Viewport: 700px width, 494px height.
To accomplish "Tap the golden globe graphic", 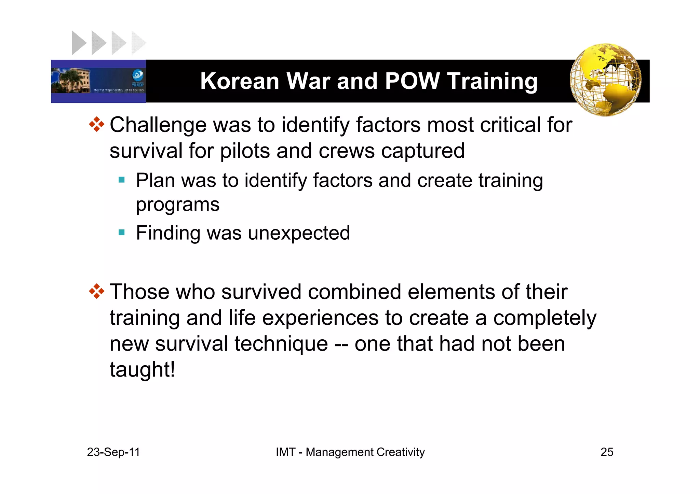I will pos(605,80).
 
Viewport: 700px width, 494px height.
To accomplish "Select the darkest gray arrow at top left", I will pos(78,43).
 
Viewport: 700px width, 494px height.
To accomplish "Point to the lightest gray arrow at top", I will pos(138,43).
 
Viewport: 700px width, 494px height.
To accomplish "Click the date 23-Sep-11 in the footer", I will pos(113,452).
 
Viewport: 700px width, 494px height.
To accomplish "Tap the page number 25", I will pos(607,452).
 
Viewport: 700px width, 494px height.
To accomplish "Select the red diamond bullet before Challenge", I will pos(97,125).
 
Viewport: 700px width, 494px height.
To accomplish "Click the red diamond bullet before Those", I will pos(97,292).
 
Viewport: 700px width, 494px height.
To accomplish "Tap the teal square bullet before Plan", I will pos(122,180).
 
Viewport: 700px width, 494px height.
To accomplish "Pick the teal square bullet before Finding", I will pos(122,232).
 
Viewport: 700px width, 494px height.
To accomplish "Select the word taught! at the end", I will pos(142,369).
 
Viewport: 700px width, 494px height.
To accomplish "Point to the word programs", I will pos(178,205).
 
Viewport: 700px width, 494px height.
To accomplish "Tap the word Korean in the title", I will pos(240,81).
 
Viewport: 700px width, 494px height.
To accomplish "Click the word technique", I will pos(281,344).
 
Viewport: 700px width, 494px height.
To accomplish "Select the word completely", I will pos(545,318).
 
